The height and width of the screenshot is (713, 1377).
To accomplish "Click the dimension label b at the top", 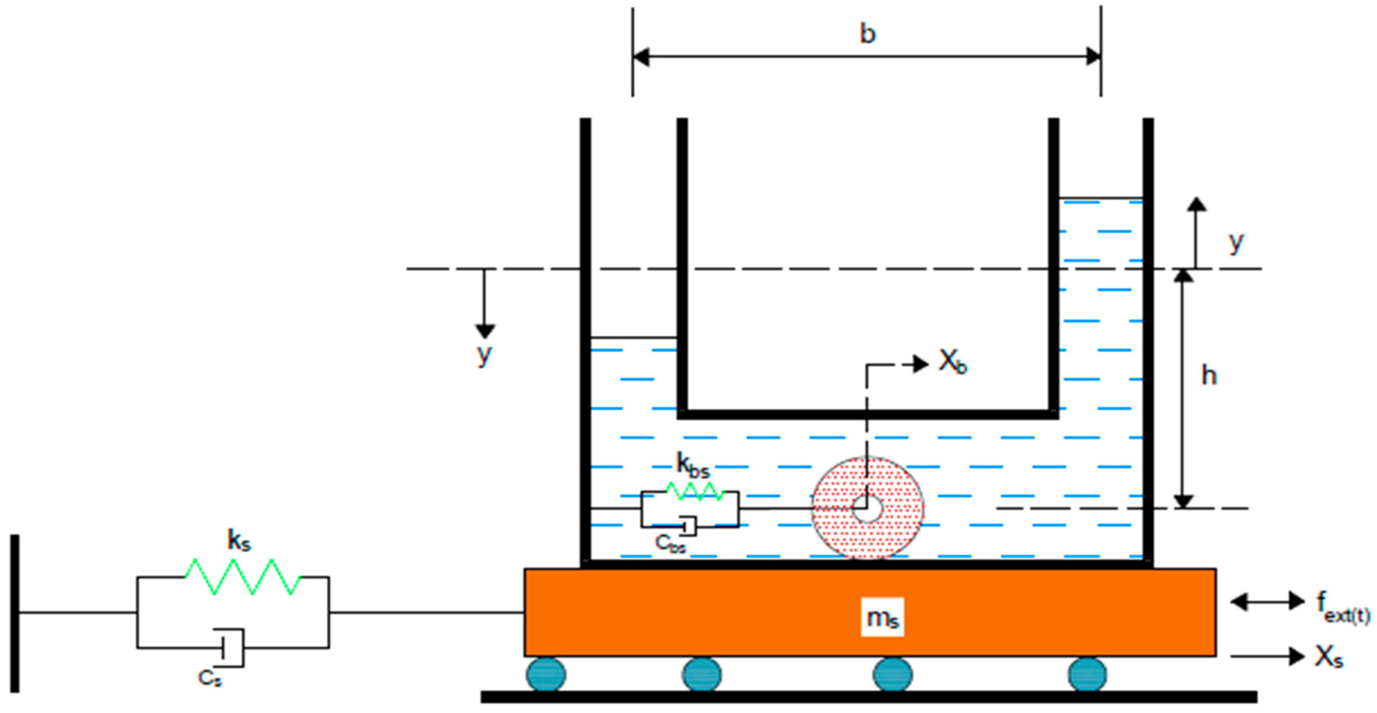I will (x=867, y=34).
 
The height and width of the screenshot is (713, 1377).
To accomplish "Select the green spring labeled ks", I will (x=242, y=577).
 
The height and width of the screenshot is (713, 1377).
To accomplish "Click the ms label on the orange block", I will (x=882, y=617).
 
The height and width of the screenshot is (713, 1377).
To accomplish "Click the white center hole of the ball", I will (x=867, y=508).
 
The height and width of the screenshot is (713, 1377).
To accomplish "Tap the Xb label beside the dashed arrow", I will (x=952, y=363).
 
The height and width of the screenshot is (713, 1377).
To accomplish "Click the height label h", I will (x=1209, y=376).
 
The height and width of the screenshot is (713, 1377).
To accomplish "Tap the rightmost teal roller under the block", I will (x=1087, y=674).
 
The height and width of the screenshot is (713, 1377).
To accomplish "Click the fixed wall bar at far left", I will (x=15, y=613).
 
